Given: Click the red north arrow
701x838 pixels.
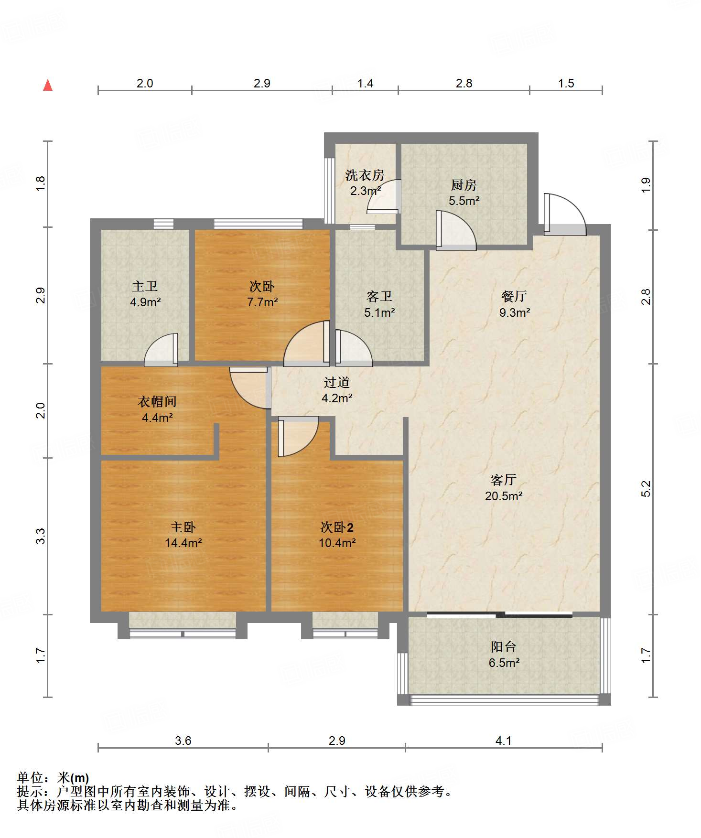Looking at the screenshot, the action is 48,85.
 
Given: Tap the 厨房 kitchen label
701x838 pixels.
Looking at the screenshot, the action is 464,185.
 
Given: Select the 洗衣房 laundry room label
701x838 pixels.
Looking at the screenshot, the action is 365,175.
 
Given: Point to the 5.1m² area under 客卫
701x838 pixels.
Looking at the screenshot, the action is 379,312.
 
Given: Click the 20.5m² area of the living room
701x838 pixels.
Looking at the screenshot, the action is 504,496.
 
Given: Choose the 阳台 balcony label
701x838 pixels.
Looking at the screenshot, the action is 504,647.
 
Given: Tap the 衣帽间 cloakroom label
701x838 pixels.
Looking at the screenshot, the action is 157,402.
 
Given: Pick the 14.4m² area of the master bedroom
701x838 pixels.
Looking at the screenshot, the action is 183,543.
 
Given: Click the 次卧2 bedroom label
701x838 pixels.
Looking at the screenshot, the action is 337,527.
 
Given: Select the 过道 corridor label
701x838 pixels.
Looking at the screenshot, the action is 337,382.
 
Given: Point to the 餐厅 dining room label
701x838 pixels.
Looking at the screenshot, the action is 514,296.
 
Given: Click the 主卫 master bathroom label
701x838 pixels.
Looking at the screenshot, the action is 145,286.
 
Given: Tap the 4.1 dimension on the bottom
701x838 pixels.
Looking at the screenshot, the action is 503,741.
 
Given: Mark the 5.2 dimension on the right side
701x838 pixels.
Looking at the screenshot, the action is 646,489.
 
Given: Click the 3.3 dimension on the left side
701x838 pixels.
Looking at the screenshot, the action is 41,536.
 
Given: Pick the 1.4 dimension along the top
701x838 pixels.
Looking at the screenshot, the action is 365,84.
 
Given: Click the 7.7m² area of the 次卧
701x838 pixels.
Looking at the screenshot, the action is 262,302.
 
